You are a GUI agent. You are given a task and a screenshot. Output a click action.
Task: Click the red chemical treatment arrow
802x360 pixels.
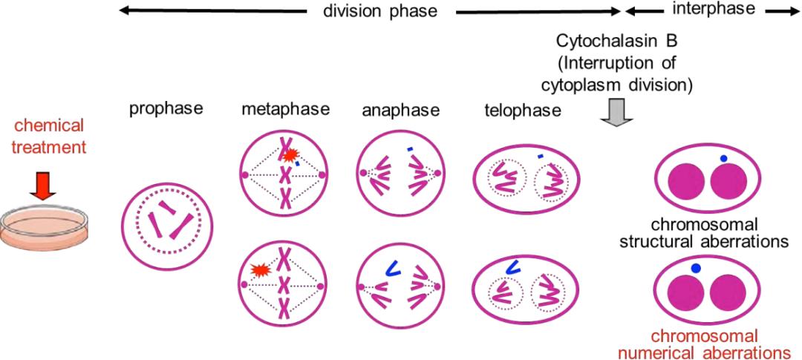click(x=43, y=189)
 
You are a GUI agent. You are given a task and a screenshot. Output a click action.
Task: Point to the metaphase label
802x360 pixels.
click(x=285, y=110)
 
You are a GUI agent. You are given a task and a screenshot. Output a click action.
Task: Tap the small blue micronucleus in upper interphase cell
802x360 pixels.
click(x=723, y=159)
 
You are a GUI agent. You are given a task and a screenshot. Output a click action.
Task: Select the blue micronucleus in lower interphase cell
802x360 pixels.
click(x=695, y=267)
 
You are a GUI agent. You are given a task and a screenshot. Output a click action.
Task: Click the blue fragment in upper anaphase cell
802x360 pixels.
click(x=410, y=149)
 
